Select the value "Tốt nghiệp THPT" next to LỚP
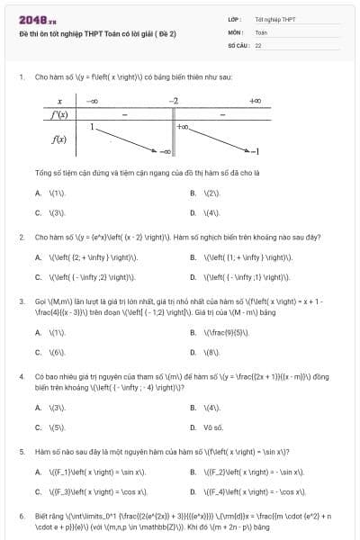pyautogui.click(x=274, y=18)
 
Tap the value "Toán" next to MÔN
pyautogui.click(x=261, y=31)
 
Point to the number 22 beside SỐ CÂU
pyautogui.click(x=258, y=44)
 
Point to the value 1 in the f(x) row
pyautogui.click(x=92, y=127)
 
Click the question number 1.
pyautogui.click(x=21, y=77)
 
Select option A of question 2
pyautogui.click(x=85, y=257)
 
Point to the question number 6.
pyautogui.click(x=21, y=517)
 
